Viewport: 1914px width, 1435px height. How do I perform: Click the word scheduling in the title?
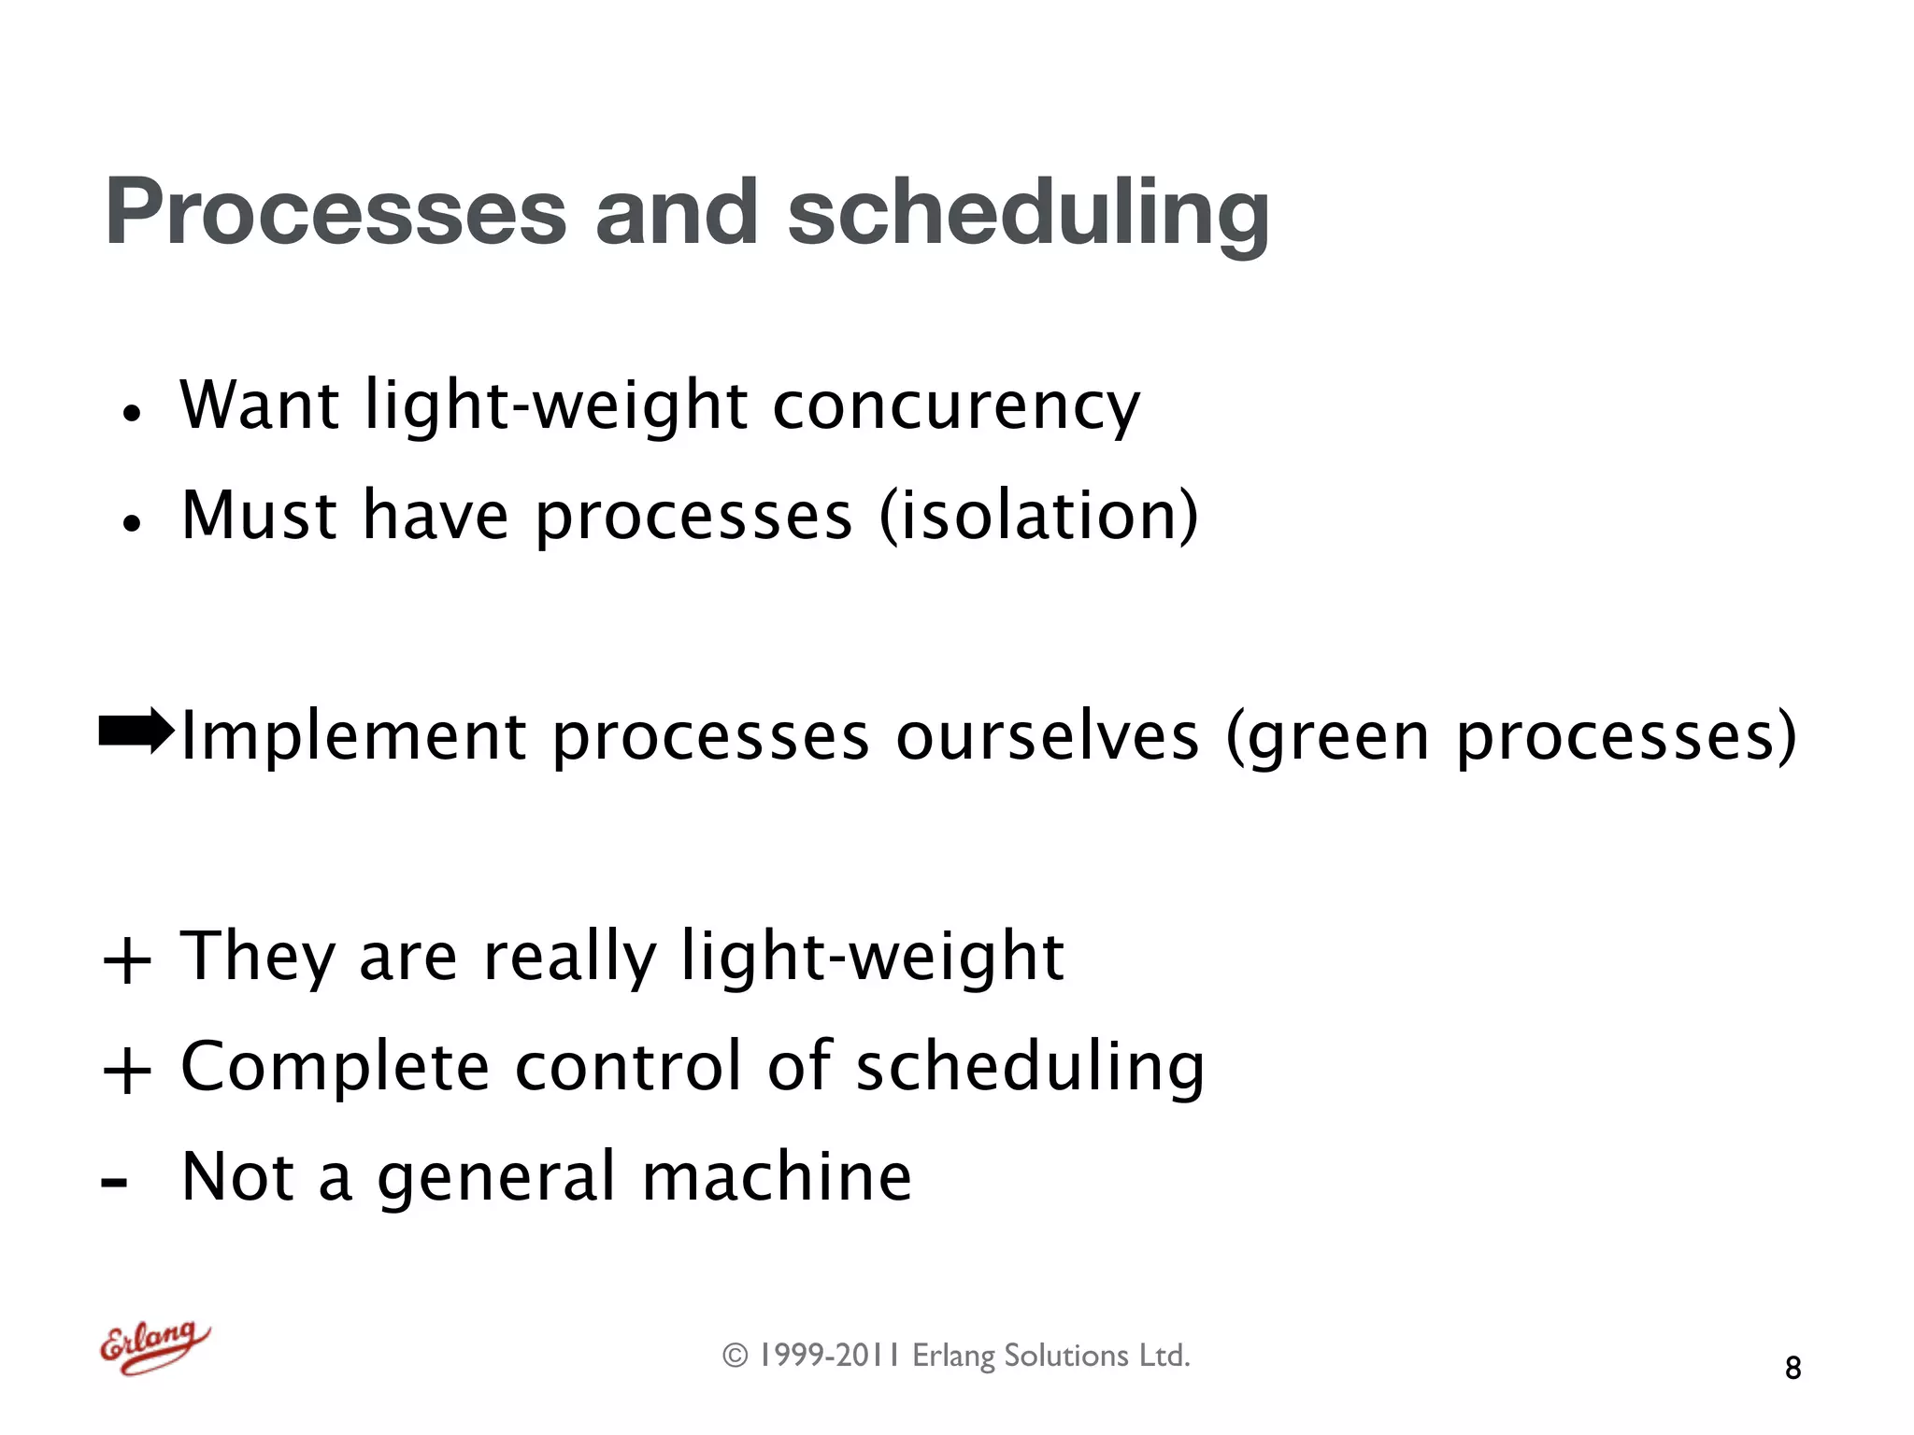click(x=1028, y=213)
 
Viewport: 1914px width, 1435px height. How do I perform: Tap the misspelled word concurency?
click(x=955, y=407)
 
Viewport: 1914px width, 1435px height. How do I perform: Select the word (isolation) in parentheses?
click(x=1038, y=516)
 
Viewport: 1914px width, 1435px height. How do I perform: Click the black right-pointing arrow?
click(x=136, y=732)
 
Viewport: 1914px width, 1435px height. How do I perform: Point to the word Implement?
click(x=353, y=737)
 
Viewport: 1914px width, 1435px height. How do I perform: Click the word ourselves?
click(x=1047, y=737)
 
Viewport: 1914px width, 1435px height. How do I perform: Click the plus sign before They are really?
click(x=127, y=960)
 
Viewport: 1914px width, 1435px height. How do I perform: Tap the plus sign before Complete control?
click(x=127, y=1071)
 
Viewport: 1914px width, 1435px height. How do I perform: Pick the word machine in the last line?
click(x=777, y=1176)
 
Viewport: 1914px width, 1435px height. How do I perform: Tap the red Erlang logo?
click(x=155, y=1346)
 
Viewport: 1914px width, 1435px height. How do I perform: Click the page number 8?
click(x=1792, y=1368)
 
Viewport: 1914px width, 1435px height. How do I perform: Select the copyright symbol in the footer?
click(x=736, y=1356)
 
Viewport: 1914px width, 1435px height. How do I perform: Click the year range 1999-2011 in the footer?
click(x=829, y=1356)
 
